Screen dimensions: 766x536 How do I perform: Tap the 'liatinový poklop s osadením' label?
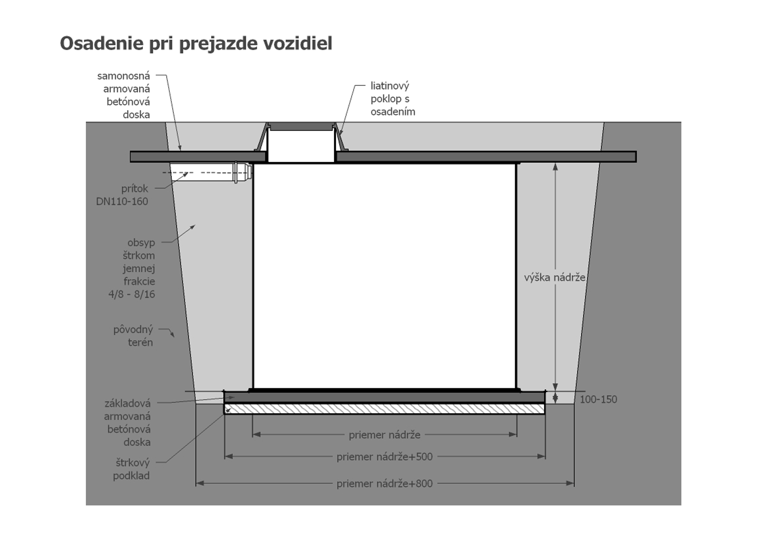coord(393,99)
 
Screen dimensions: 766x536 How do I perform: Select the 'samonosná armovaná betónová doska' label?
coord(124,95)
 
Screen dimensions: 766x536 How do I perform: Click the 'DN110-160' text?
coord(122,201)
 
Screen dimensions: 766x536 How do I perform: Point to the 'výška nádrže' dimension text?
coord(554,278)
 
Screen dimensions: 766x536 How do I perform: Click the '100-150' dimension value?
coord(598,399)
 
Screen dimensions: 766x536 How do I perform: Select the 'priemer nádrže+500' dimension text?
coord(384,457)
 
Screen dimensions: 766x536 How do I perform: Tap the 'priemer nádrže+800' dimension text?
coord(384,484)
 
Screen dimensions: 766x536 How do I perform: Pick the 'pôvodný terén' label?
coord(133,336)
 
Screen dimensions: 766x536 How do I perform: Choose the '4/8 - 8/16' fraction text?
coord(132,294)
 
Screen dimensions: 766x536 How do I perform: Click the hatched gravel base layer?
coord(384,409)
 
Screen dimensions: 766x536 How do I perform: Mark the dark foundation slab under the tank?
coord(384,397)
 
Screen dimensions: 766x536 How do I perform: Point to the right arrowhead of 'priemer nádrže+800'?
coord(570,483)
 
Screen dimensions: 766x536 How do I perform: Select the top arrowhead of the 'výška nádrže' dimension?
coord(555,167)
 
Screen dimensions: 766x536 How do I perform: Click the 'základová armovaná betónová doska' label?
coord(127,423)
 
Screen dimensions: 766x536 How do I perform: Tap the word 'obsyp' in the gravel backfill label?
coord(141,242)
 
